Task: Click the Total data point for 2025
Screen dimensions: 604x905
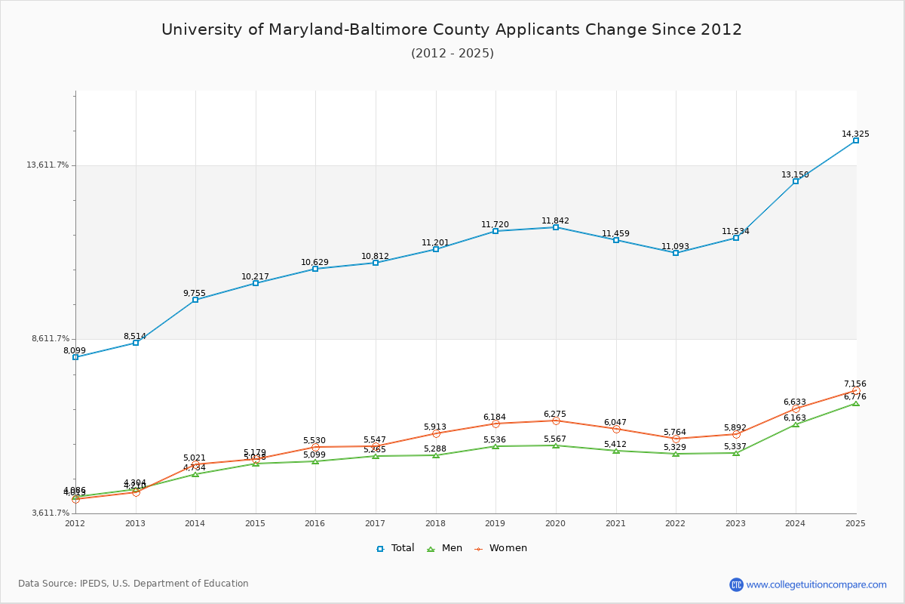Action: coord(856,140)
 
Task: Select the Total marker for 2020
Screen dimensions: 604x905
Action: coord(556,227)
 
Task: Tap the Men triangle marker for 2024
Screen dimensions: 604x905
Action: coord(796,424)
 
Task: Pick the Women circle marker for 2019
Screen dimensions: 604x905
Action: coord(495,424)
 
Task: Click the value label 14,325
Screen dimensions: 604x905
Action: coord(855,134)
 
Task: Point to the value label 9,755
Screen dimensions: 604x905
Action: coord(194,294)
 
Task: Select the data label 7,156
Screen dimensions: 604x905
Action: coord(855,384)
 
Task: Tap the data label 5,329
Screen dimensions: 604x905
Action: coord(675,448)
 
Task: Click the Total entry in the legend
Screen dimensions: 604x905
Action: coord(395,548)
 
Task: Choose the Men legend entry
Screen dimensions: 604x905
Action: coord(446,548)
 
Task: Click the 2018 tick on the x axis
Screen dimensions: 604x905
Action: coord(435,523)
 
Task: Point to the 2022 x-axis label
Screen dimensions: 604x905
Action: coord(675,523)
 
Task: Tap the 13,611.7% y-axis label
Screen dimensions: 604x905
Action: coord(48,165)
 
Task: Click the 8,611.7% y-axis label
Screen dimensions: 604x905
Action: coord(50,339)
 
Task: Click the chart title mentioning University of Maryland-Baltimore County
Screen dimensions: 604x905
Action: coord(452,29)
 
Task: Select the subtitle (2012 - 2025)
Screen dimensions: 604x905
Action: coord(452,54)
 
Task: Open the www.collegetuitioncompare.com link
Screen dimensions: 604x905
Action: coord(816,584)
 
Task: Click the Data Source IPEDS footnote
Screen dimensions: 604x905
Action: coord(133,584)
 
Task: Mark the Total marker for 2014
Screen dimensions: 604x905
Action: coord(195,300)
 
